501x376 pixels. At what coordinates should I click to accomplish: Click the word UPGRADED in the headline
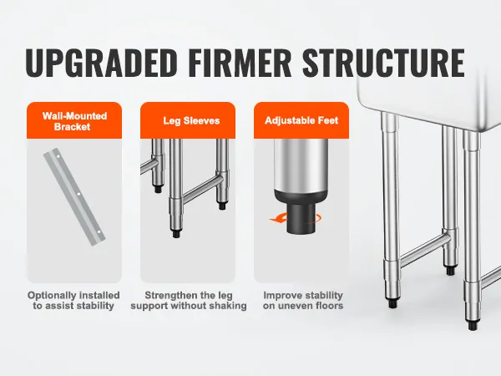(x=101, y=62)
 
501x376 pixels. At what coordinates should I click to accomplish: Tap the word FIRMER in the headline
(x=240, y=62)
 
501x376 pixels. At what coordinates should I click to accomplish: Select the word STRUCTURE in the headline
(x=383, y=62)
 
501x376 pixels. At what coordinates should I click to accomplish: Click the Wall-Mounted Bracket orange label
(x=74, y=121)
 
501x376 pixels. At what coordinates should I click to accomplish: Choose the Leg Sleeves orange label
(x=188, y=120)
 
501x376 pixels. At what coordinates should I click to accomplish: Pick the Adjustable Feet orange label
(x=301, y=120)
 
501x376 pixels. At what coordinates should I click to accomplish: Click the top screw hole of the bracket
(x=58, y=156)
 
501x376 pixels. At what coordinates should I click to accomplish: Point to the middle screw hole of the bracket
(x=78, y=194)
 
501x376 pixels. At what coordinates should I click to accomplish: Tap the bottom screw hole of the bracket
(x=99, y=231)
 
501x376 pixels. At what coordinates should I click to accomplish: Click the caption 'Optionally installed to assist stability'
(x=73, y=300)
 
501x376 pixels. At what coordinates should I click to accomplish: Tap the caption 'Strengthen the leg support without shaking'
(x=189, y=300)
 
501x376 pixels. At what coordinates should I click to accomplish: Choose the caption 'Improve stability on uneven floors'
(x=303, y=300)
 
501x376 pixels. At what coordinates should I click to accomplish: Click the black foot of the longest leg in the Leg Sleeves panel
(x=176, y=233)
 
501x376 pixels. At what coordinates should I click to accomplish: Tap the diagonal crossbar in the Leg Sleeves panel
(x=200, y=189)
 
